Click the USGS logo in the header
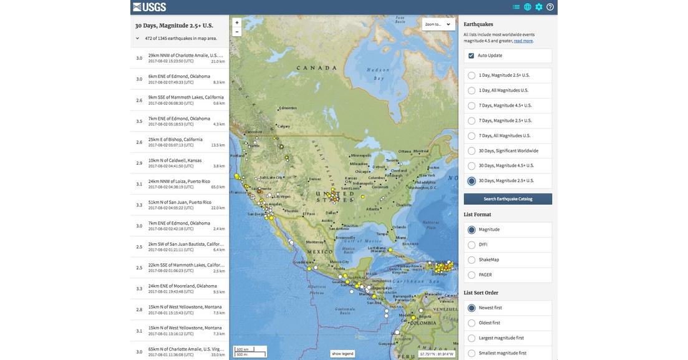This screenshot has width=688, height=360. tap(149, 7)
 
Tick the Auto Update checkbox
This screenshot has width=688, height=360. tap(472, 56)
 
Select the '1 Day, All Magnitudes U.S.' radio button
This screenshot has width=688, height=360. tap(472, 90)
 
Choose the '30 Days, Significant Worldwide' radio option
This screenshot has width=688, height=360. tap(472, 150)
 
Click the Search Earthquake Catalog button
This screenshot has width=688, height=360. tap(508, 199)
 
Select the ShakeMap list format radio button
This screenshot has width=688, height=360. tap(472, 260)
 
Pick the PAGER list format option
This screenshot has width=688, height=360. tap(472, 275)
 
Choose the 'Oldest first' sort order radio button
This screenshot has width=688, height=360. tap(472, 323)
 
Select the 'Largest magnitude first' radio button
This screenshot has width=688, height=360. tap(472, 338)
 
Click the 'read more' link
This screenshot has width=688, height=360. tap(523, 41)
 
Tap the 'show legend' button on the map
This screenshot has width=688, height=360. tap(342, 354)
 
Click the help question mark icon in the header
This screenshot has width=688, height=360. tap(550, 7)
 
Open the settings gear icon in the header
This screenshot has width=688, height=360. tap(539, 7)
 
